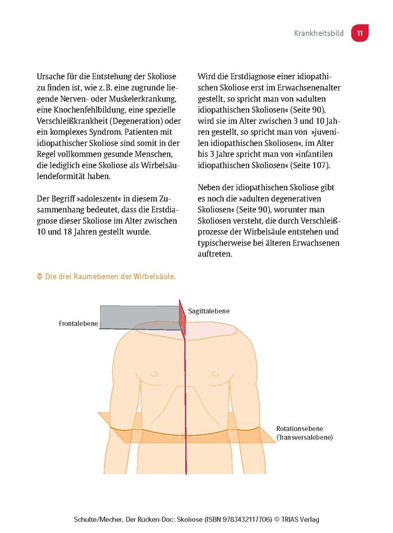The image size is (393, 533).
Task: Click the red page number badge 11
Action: [x=360, y=33]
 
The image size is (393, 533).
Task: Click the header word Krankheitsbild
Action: [x=319, y=33]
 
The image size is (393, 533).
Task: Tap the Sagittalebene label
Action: [x=209, y=311]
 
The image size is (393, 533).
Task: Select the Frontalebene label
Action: [x=78, y=323]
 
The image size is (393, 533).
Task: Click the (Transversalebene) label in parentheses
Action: [x=305, y=437]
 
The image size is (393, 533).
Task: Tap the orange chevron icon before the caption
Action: [x=40, y=276]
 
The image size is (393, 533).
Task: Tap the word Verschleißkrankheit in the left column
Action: [x=71, y=121]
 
